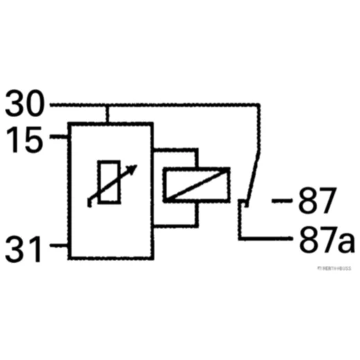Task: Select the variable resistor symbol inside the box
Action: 109,181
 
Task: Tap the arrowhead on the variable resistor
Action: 132,168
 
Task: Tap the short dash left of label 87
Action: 280,202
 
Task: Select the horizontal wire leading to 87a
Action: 266,239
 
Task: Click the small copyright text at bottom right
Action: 334,267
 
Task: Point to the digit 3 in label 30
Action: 16,105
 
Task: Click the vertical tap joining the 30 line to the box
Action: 107,114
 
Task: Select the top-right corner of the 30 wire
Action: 259,107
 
